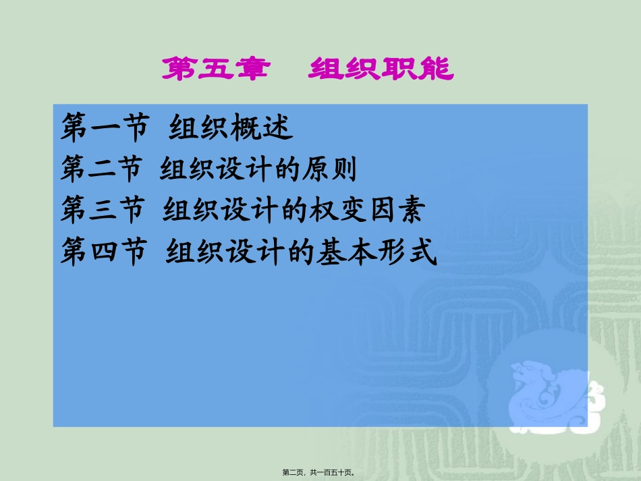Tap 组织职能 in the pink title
click(x=381, y=69)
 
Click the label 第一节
click(x=103, y=129)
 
